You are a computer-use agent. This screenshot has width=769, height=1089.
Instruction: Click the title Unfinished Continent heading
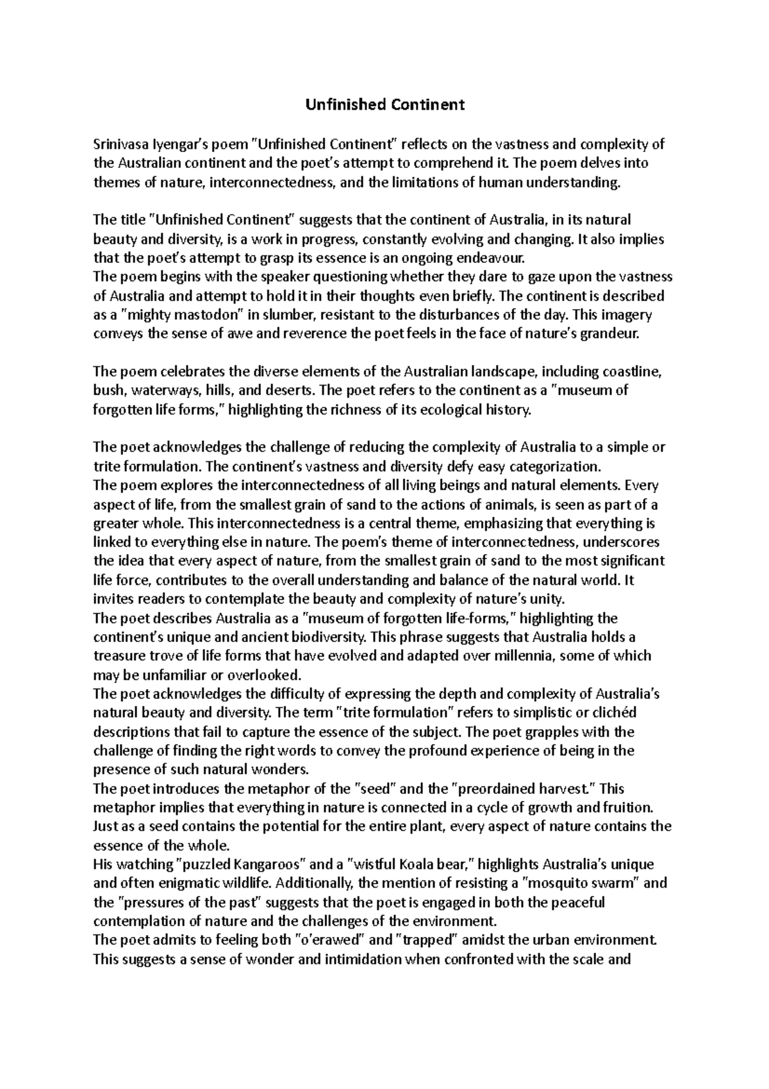[384, 105]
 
